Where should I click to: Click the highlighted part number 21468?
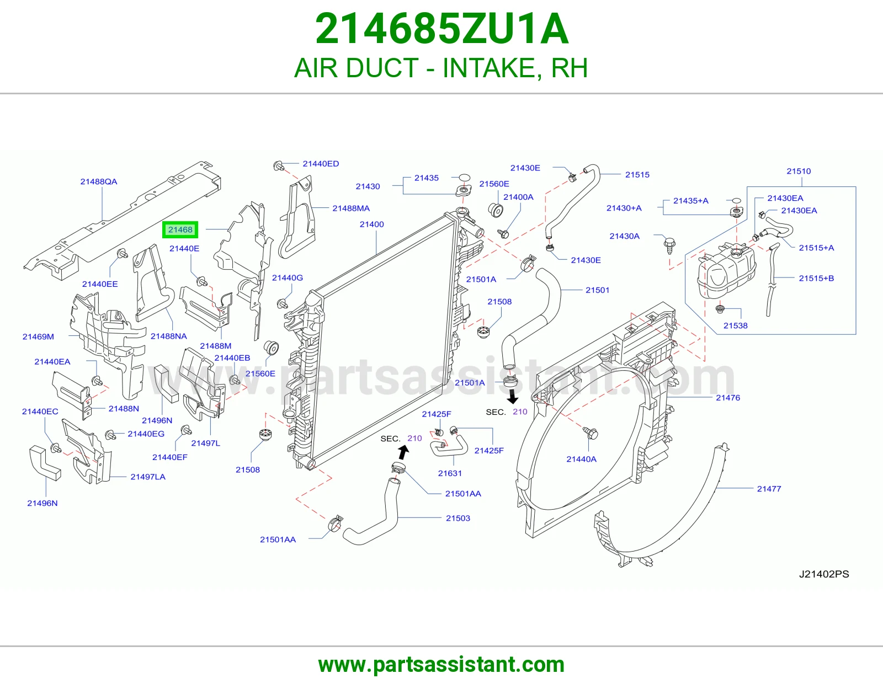(x=180, y=230)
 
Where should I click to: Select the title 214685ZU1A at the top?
(x=441, y=29)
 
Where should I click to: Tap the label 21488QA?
(x=99, y=181)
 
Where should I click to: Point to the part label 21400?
(x=372, y=224)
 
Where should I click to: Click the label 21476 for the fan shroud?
(x=728, y=398)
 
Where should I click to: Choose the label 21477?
(x=769, y=489)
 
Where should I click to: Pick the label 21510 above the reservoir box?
(x=799, y=171)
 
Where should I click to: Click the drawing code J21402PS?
(x=824, y=574)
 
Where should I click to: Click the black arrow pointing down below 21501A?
(x=513, y=397)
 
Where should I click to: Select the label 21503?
(x=458, y=519)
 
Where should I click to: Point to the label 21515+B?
(x=816, y=278)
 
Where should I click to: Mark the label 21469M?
(x=38, y=336)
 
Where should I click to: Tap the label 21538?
(x=736, y=325)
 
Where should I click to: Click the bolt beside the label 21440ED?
(x=279, y=165)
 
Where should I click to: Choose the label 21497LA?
(x=148, y=477)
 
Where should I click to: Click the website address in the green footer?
(x=441, y=665)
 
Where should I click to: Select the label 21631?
(x=450, y=473)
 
